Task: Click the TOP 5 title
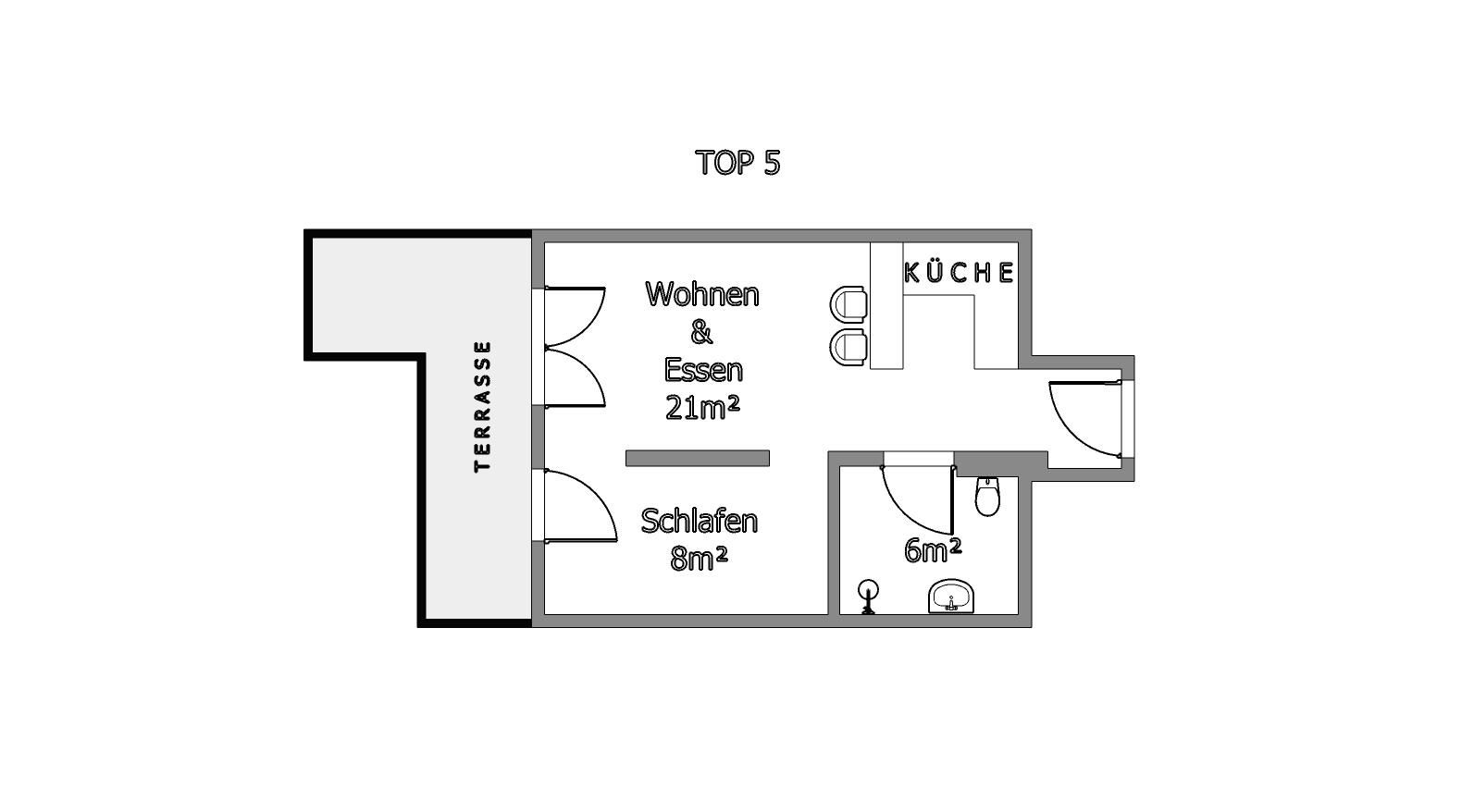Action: tap(737, 163)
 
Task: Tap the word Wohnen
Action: tap(702, 294)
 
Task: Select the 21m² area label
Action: tap(702, 407)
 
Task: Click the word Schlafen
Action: tap(700, 521)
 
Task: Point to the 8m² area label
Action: tap(699, 560)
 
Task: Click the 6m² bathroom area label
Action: tap(933, 550)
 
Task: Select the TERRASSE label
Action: tap(483, 406)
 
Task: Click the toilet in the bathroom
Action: tap(987, 497)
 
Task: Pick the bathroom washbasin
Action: tap(951, 596)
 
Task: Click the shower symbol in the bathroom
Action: tap(869, 597)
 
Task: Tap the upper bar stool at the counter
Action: tap(848, 304)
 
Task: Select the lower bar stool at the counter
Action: tap(848, 347)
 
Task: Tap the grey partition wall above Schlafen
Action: tap(698, 458)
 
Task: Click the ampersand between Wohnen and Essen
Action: tap(701, 333)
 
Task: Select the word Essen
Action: tap(703, 370)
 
